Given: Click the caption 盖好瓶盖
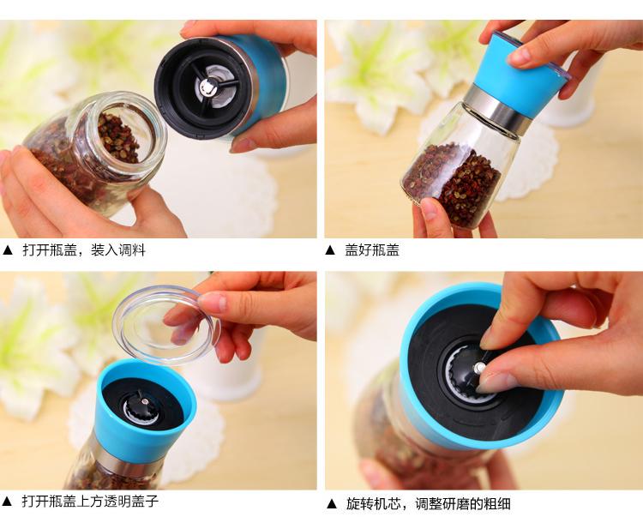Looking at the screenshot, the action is [372, 249].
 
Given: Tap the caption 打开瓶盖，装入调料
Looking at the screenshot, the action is [84, 249].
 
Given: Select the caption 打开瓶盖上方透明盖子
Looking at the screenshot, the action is [90, 501].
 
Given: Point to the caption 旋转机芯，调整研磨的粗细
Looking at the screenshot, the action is [428, 503].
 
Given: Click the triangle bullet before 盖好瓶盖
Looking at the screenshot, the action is [330, 250].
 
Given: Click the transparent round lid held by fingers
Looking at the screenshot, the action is [166, 325].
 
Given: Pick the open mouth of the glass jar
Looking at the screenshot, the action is [123, 135].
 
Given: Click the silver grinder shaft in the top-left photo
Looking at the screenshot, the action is [209, 85].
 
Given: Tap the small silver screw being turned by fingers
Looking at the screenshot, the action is [478, 368].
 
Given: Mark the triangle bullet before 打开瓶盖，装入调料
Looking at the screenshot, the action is [8, 250].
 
